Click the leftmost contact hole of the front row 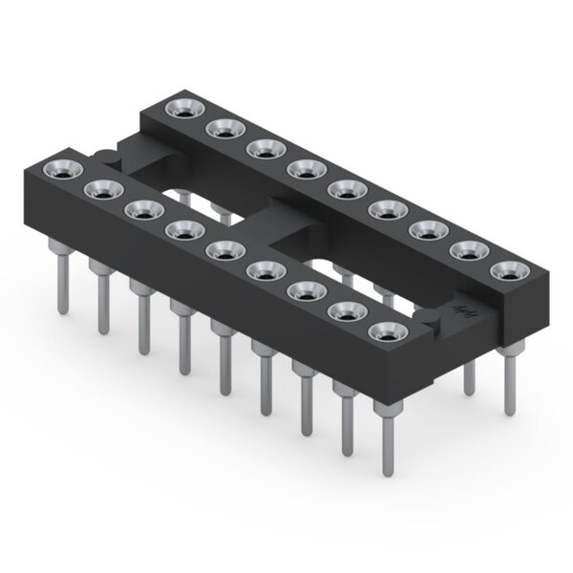58,171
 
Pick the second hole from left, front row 100,190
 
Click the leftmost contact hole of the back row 181,108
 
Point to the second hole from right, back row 468,251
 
